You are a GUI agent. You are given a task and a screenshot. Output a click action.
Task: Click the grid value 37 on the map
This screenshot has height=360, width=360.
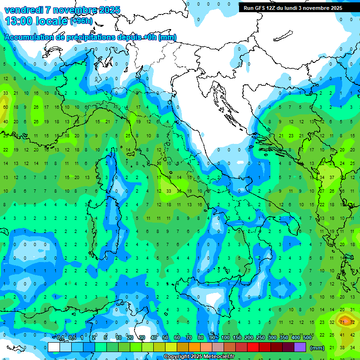[x=332, y=177]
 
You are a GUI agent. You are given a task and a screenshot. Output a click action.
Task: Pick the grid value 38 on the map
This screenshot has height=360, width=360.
[x=342, y=347]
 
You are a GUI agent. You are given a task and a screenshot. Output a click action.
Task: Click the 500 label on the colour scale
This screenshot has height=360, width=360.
[x=307, y=338]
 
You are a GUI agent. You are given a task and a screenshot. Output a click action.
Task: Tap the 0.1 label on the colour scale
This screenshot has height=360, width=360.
[x=60, y=338]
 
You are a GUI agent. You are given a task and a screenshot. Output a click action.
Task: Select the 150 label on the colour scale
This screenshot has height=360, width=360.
[x=237, y=338]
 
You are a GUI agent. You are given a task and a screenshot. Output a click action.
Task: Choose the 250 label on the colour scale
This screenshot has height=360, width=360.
[x=261, y=338]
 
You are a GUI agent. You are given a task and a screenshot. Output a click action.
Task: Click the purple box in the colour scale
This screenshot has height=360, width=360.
[x=300, y=347]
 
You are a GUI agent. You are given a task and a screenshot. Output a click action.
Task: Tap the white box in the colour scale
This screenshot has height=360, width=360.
[x=54, y=347]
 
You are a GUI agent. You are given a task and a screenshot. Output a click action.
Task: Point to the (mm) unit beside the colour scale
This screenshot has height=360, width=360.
[x=317, y=347]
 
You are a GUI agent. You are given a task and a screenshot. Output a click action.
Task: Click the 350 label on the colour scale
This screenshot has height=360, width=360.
[x=284, y=338]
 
